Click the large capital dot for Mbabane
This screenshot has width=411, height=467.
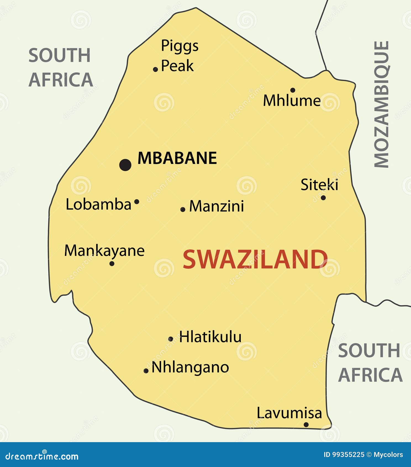(x=125, y=165)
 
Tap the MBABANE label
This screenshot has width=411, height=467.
(x=177, y=158)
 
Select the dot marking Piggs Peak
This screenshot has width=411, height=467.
(x=156, y=69)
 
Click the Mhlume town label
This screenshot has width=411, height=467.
(x=292, y=101)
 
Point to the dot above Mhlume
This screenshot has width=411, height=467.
(x=293, y=90)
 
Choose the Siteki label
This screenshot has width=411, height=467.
(x=319, y=185)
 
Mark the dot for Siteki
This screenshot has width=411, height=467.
(x=323, y=198)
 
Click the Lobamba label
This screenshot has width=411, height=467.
(x=99, y=205)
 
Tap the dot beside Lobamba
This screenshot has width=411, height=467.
(x=137, y=202)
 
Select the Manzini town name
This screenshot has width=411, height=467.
(x=217, y=206)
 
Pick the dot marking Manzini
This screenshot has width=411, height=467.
(x=183, y=209)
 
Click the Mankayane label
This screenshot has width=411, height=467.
(x=104, y=251)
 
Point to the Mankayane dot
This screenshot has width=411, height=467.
(x=112, y=264)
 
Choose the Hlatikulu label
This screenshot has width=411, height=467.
(x=210, y=337)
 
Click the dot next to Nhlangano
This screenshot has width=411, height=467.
(x=146, y=371)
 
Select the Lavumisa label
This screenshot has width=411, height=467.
(x=289, y=413)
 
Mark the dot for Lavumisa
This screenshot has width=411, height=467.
(x=306, y=425)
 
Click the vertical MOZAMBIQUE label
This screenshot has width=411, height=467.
(x=381, y=104)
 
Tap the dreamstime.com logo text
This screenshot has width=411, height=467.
(x=42, y=456)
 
